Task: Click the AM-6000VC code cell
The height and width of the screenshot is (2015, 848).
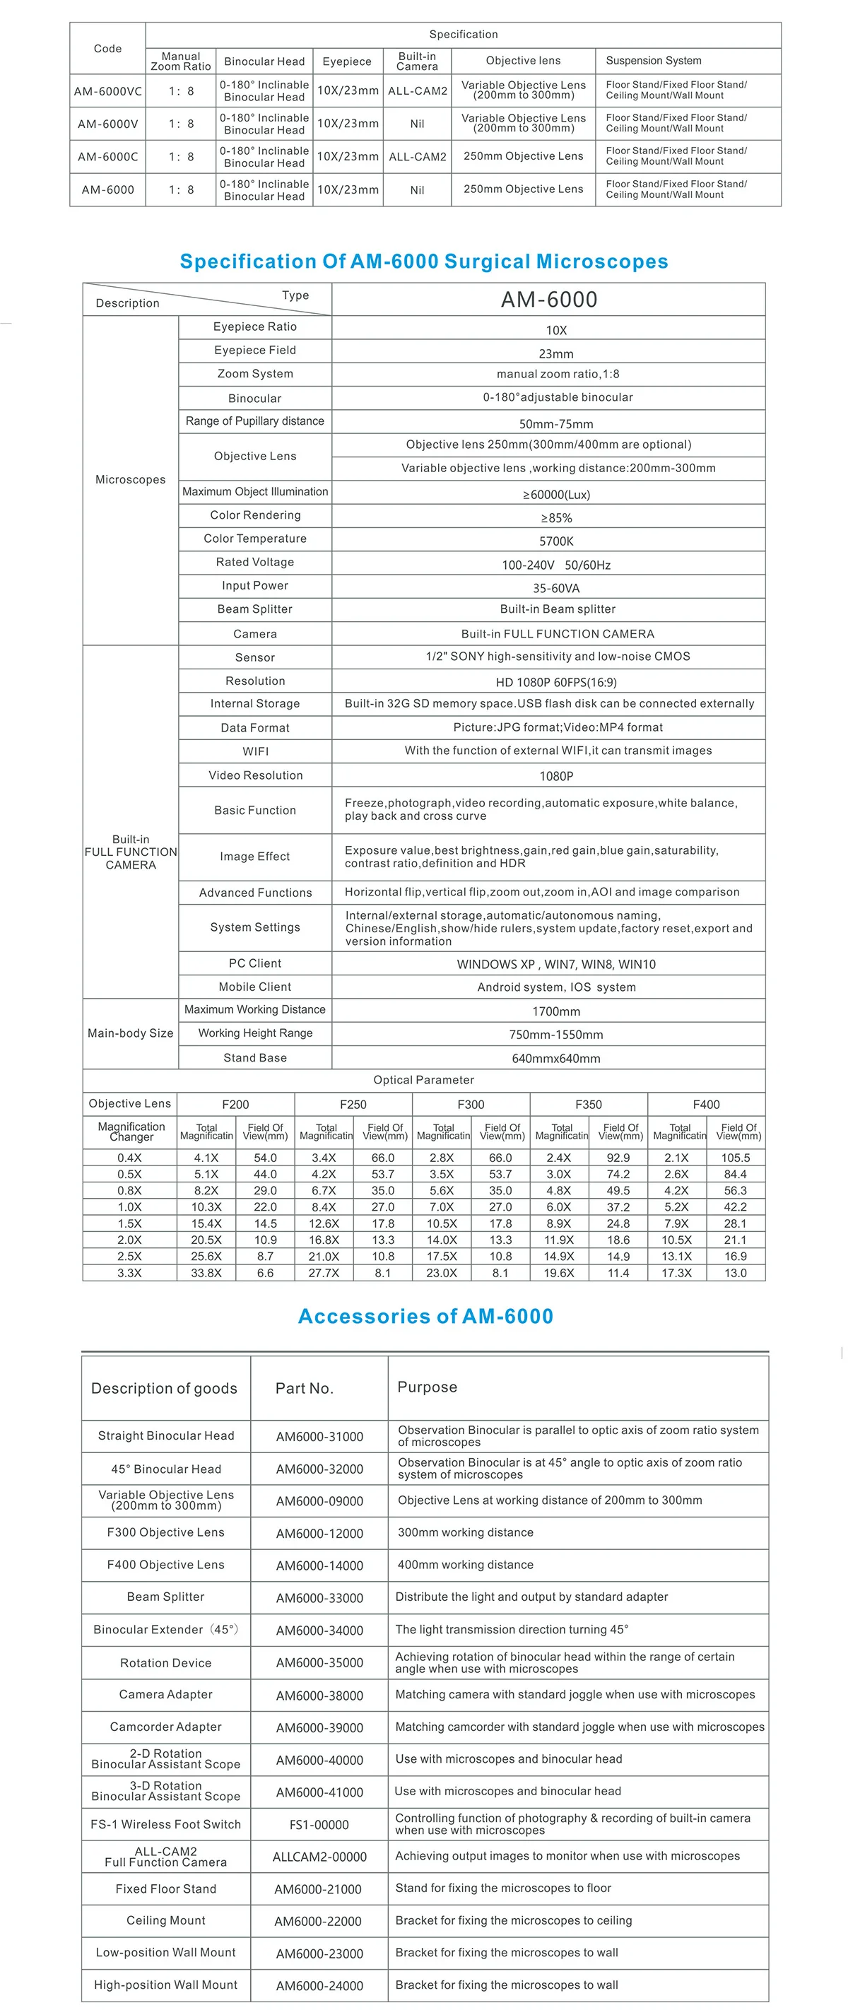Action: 108,90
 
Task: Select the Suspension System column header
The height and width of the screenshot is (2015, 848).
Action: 653,60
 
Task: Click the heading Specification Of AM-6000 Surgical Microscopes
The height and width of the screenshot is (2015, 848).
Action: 424,262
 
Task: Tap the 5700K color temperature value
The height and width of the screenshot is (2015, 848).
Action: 556,541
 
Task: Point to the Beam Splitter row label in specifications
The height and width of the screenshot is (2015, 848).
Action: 255,609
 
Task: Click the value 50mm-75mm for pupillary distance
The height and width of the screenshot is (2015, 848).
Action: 556,424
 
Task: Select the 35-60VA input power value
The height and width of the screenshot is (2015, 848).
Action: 556,588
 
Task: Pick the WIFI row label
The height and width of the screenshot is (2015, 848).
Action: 255,751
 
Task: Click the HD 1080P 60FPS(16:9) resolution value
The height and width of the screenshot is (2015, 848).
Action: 556,682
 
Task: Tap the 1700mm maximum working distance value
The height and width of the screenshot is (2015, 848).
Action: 556,1011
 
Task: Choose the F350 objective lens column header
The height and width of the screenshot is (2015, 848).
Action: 588,1105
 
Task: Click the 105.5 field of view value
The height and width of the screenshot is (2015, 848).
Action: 736,1158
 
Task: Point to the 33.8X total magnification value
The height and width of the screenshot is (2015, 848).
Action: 206,1273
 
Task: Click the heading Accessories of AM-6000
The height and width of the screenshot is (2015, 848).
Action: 425,1317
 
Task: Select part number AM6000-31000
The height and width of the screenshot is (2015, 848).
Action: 319,1436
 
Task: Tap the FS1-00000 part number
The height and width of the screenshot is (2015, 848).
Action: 319,1825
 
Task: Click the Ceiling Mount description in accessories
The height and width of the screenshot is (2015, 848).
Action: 166,1920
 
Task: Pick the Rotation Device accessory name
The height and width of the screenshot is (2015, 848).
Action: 166,1663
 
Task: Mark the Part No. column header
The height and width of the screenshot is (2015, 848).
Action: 305,1388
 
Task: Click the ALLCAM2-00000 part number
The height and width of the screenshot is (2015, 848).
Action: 319,1857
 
